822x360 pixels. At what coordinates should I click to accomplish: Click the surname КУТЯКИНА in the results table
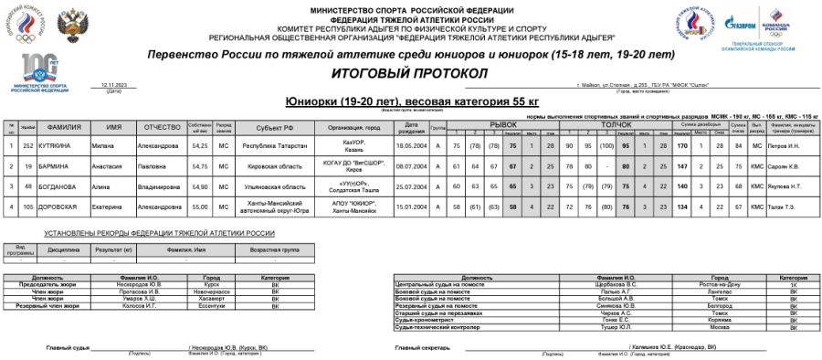[59, 145]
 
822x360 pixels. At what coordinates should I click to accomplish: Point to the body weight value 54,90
[200, 185]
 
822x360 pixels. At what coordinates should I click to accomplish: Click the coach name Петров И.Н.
[785, 145]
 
